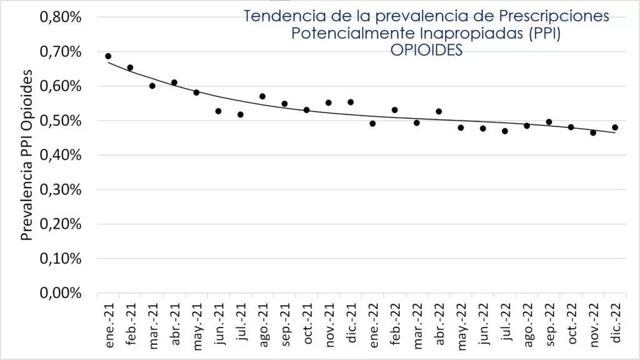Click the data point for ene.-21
point(108,56)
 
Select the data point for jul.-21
point(240,114)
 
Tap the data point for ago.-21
point(262,96)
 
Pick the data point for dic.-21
point(351,102)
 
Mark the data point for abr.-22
point(439,111)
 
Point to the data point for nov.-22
point(593,132)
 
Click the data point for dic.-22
point(615,127)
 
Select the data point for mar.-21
point(152,86)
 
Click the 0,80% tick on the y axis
point(61,17)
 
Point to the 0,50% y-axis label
point(61,121)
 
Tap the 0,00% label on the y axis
point(61,293)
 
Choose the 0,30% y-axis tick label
point(61,190)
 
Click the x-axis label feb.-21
point(131,322)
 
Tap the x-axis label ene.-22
point(372,322)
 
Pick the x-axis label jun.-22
point(482,322)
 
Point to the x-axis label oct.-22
point(571,322)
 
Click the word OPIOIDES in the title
point(426,51)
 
